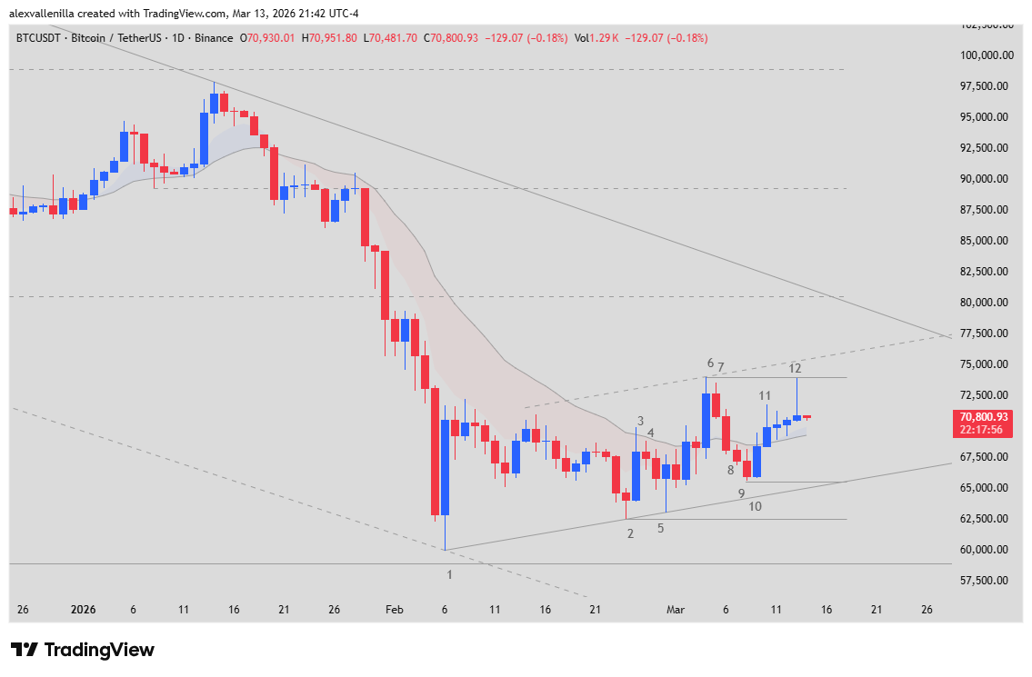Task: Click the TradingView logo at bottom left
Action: coord(82,650)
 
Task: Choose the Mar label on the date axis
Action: coord(675,610)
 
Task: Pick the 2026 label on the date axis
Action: coord(83,610)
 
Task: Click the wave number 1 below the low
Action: coord(449,574)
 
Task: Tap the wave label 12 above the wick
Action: coord(795,368)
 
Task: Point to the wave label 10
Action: coord(756,506)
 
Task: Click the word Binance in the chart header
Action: coord(214,38)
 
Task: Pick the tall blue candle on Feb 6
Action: coord(445,467)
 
